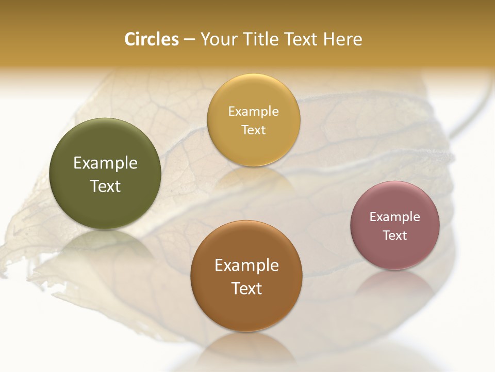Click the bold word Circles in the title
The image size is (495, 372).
click(152, 39)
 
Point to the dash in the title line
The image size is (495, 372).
click(189, 40)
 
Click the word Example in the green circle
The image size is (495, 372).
click(105, 163)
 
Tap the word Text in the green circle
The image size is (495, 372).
click(105, 186)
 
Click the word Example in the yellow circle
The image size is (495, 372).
click(253, 112)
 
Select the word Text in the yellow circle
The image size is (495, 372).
click(253, 130)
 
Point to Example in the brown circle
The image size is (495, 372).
click(246, 266)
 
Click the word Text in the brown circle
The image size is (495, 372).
click(246, 288)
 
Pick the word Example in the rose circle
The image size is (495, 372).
click(395, 217)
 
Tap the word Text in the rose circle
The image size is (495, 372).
click(395, 236)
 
